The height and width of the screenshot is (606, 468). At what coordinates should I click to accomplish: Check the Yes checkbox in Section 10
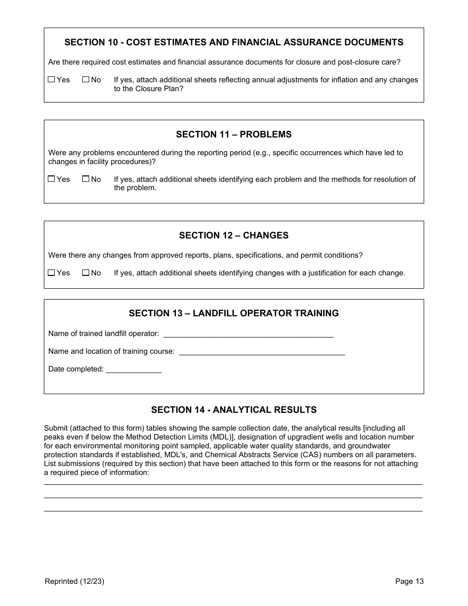point(51,79)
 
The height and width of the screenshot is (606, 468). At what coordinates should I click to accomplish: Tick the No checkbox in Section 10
point(86,79)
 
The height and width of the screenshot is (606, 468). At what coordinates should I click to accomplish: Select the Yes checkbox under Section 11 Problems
point(51,179)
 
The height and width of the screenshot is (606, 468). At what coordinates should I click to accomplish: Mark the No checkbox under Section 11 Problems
point(86,179)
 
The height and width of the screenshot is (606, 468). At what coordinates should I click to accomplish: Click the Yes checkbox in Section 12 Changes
point(51,272)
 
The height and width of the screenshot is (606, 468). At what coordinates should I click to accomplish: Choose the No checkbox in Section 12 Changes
point(86,272)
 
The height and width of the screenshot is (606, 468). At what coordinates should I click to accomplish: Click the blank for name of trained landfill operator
point(248,334)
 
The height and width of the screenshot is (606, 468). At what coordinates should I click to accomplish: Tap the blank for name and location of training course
point(262,352)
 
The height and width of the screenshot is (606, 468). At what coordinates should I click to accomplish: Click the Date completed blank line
point(134,370)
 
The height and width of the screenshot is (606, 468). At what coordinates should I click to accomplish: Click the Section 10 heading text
point(234,42)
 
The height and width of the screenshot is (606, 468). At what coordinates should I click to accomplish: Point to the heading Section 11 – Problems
point(234,135)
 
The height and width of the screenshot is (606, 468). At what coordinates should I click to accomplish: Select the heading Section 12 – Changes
point(234,236)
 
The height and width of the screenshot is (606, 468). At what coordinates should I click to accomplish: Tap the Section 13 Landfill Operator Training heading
point(234,313)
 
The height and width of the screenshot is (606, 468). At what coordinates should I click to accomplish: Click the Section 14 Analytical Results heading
point(234,410)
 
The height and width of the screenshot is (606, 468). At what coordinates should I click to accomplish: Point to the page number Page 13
point(409,581)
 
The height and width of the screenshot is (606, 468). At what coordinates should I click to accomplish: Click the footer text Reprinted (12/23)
point(74,581)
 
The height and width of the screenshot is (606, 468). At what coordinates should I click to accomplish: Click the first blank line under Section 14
point(233,484)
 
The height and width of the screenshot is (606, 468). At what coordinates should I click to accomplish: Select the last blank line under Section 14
point(233,510)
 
